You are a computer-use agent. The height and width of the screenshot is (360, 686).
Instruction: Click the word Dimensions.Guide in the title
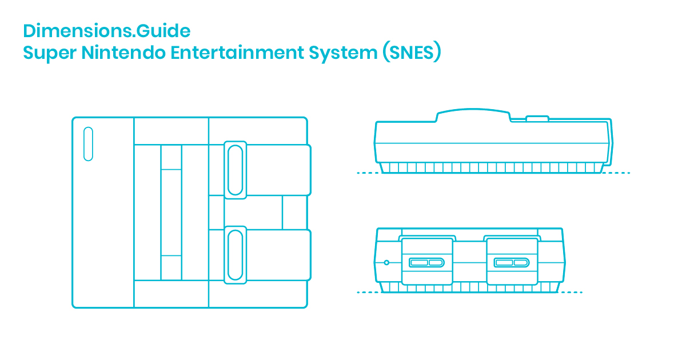coord(107,30)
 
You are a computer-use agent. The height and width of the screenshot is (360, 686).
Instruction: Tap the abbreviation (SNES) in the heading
coord(411,53)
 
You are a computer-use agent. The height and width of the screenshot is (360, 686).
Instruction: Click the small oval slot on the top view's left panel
coord(88,144)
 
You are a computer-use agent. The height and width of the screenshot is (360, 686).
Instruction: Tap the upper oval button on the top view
coord(235,170)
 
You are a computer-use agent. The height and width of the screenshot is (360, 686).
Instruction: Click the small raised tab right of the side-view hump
coord(537,119)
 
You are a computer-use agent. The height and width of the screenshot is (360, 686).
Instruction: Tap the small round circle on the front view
coord(387,262)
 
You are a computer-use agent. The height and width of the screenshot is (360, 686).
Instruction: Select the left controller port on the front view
coord(426,262)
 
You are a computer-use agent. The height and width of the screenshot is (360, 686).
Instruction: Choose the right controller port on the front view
coord(512,262)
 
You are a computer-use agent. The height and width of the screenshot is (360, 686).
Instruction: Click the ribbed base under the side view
coord(492,167)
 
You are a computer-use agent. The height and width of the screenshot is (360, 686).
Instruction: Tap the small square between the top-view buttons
coord(297,212)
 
